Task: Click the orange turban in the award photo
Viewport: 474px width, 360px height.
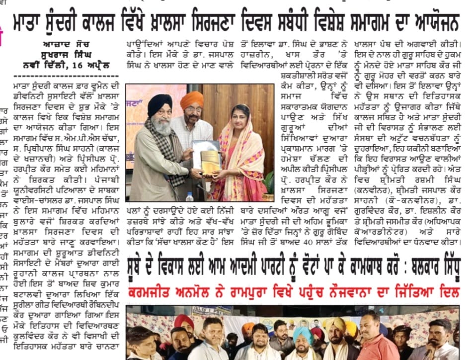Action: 191,100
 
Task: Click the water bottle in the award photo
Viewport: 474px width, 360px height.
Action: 189,196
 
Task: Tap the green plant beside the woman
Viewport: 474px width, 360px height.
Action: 269,179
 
